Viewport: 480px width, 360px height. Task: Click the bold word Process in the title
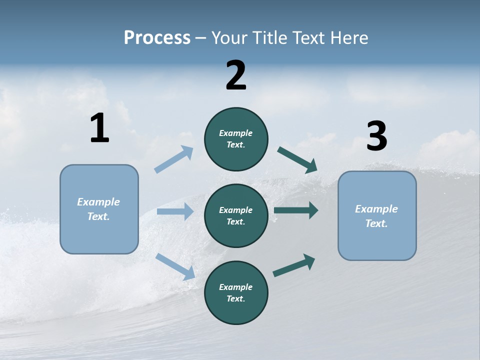point(157,38)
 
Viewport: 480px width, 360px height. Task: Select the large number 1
point(99,128)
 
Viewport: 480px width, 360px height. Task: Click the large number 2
point(236,75)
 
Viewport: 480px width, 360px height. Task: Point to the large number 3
point(376,136)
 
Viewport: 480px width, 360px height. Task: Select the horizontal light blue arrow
point(174,211)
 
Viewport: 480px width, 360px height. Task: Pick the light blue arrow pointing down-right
point(175,266)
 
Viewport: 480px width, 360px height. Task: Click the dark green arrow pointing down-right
point(297,159)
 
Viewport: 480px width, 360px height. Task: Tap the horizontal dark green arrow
point(295,210)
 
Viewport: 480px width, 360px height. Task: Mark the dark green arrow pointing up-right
point(294,265)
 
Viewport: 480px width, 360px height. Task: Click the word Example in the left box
point(98,202)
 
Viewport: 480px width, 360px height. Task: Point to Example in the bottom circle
point(235,287)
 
